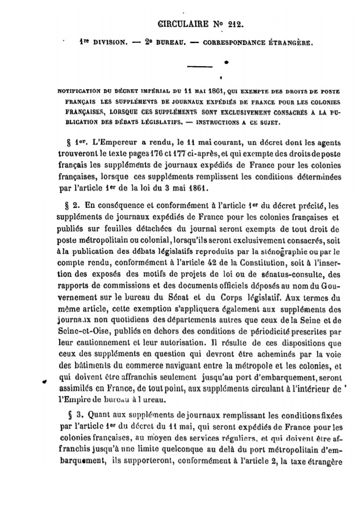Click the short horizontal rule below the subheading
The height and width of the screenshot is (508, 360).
[x=200, y=67]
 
